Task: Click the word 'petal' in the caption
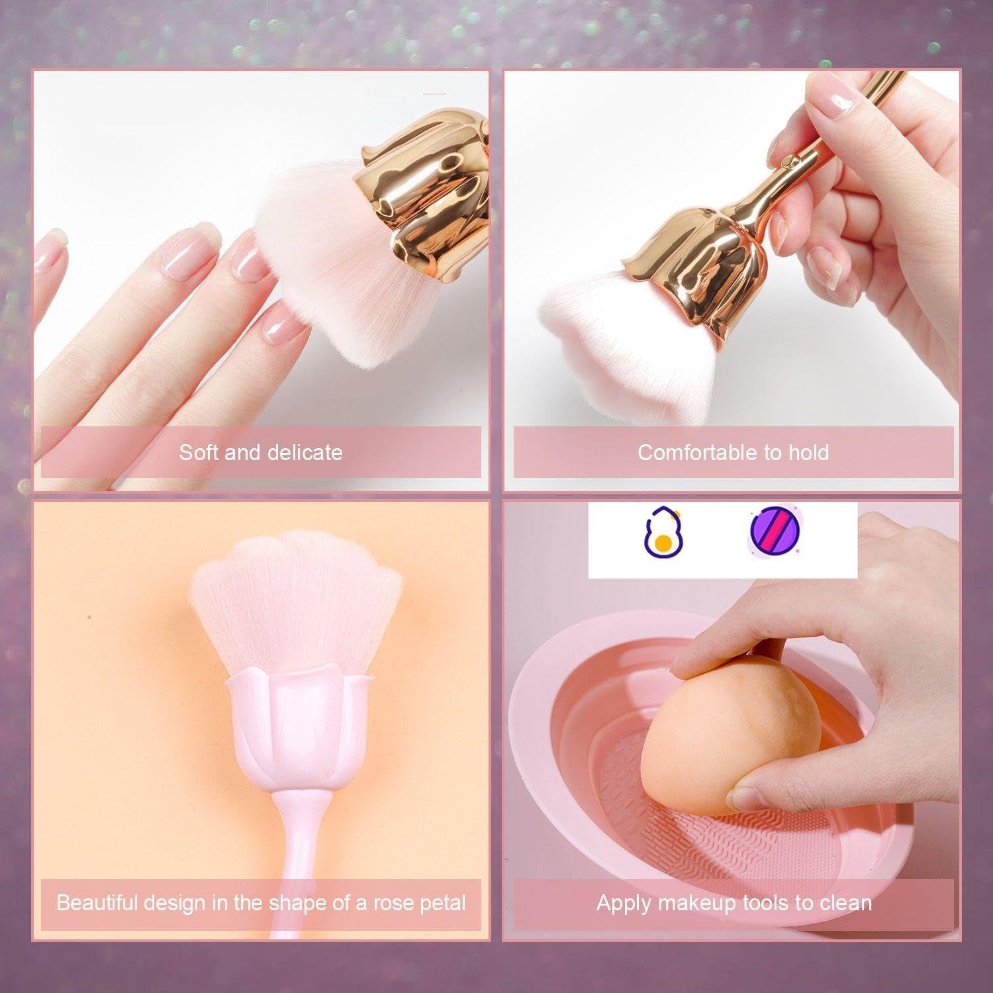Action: [443, 903]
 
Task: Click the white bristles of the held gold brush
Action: [622, 351]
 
